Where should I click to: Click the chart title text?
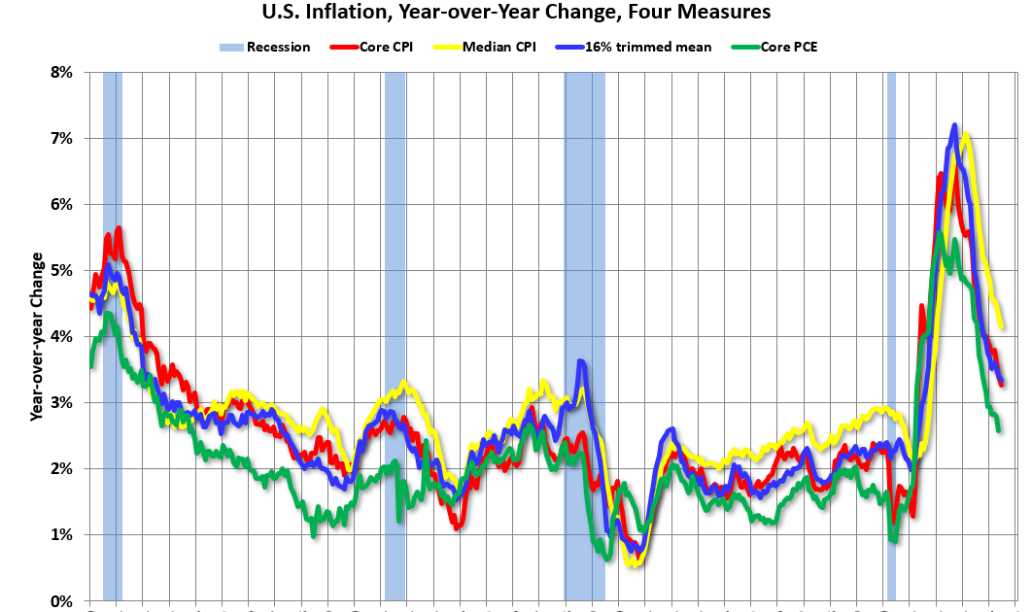pyautogui.click(x=516, y=13)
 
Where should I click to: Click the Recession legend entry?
pyautogui.click(x=267, y=47)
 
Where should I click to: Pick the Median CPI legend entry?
pyautogui.click(x=495, y=47)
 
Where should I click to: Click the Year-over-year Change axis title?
pyautogui.click(x=37, y=336)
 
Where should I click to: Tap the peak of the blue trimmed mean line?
pyautogui.click(x=954, y=125)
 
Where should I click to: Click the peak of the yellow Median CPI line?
pyautogui.click(x=965, y=135)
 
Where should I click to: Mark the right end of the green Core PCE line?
pyautogui.click(x=999, y=428)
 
